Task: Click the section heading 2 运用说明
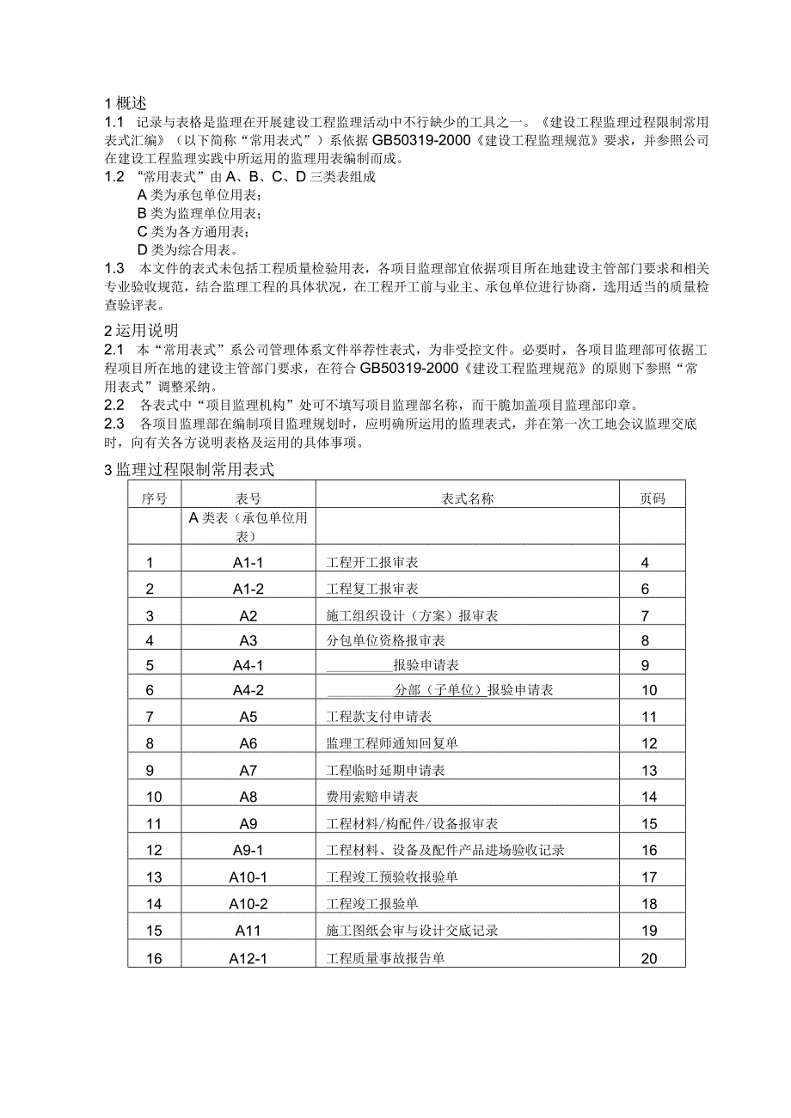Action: (141, 330)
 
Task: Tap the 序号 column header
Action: (154, 498)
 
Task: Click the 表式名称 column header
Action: (467, 498)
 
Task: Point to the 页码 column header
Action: (651, 498)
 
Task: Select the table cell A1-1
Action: (248, 564)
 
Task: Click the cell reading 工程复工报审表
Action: (372, 590)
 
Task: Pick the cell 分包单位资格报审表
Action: (385, 640)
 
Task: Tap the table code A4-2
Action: (248, 690)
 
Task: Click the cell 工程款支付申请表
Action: (378, 717)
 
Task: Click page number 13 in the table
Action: (649, 770)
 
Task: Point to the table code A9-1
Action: (248, 850)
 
